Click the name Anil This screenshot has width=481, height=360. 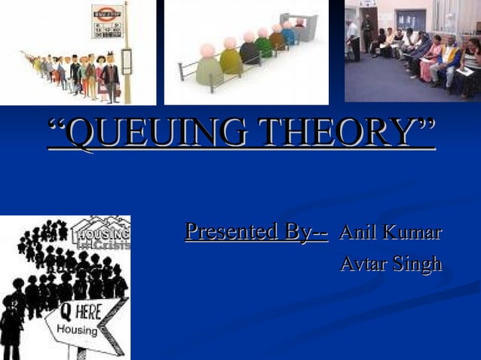coord(361,232)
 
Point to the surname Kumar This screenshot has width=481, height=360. coord(414,232)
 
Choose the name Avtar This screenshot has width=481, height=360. coord(363,264)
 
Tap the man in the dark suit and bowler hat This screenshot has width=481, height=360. coord(111,75)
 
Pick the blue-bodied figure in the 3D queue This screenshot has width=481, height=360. coord(288,35)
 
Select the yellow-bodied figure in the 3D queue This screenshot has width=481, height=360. coord(231,57)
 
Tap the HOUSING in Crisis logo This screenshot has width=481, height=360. coord(101,233)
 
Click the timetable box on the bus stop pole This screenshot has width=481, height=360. coord(127,61)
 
